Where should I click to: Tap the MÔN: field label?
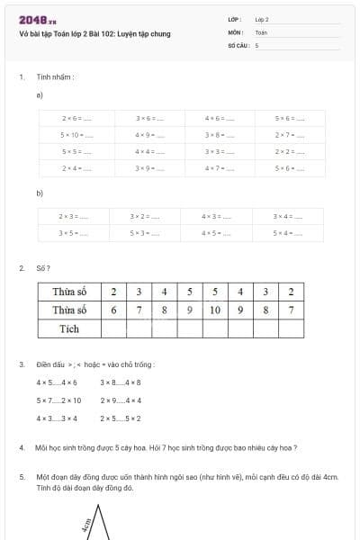(236, 31)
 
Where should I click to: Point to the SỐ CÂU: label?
(238, 44)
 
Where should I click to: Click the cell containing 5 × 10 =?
(76, 135)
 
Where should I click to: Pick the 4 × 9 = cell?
(148, 135)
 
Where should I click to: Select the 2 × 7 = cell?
(289, 135)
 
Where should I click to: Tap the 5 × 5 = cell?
(76, 151)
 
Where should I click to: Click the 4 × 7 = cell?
(219, 168)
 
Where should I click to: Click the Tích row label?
(68, 328)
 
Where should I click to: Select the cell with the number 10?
(214, 310)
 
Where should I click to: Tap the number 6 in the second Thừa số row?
(113, 310)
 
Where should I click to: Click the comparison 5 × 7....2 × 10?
(58, 400)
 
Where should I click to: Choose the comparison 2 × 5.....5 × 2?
(121, 418)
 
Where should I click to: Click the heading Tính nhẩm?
(55, 76)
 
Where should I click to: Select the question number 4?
(21, 447)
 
